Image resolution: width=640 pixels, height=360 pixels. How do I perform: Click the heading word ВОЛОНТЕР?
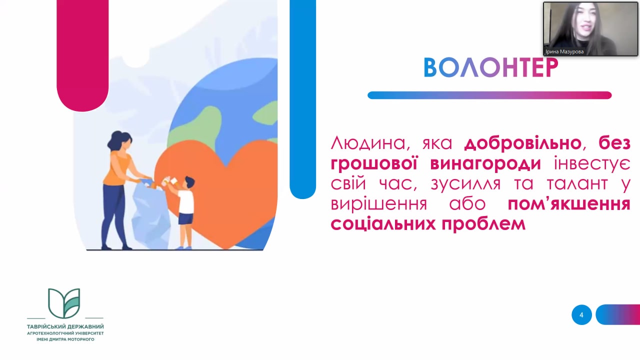click(490, 67)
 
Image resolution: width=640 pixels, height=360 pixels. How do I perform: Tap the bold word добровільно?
click(523, 143)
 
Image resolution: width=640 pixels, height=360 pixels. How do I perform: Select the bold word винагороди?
click(485, 164)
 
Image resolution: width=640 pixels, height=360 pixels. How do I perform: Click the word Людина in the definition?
click(368, 143)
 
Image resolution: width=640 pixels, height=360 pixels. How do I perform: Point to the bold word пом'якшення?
click(569, 204)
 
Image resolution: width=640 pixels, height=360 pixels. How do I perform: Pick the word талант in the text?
click(577, 183)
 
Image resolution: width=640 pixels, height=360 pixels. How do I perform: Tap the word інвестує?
click(592, 163)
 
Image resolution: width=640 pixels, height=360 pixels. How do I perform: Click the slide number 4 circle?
click(581, 315)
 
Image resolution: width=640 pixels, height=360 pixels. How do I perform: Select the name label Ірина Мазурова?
click(564, 51)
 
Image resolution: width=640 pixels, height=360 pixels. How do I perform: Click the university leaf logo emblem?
click(64, 303)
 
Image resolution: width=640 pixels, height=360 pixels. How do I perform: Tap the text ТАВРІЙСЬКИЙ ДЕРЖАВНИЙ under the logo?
click(65, 326)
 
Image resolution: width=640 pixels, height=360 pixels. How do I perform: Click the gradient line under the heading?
click(489, 95)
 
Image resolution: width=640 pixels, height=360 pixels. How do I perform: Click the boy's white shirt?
click(186, 201)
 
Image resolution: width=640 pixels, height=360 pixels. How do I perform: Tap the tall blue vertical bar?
click(303, 98)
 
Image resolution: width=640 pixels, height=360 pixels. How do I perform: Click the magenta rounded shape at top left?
click(82, 55)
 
